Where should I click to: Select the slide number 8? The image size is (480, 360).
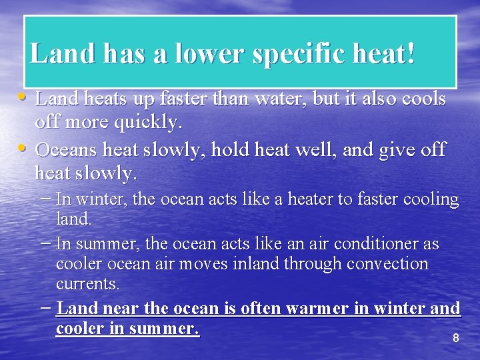[456, 339]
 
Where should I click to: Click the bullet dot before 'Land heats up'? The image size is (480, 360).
[23, 98]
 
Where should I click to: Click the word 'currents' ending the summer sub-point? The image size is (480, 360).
[87, 283]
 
